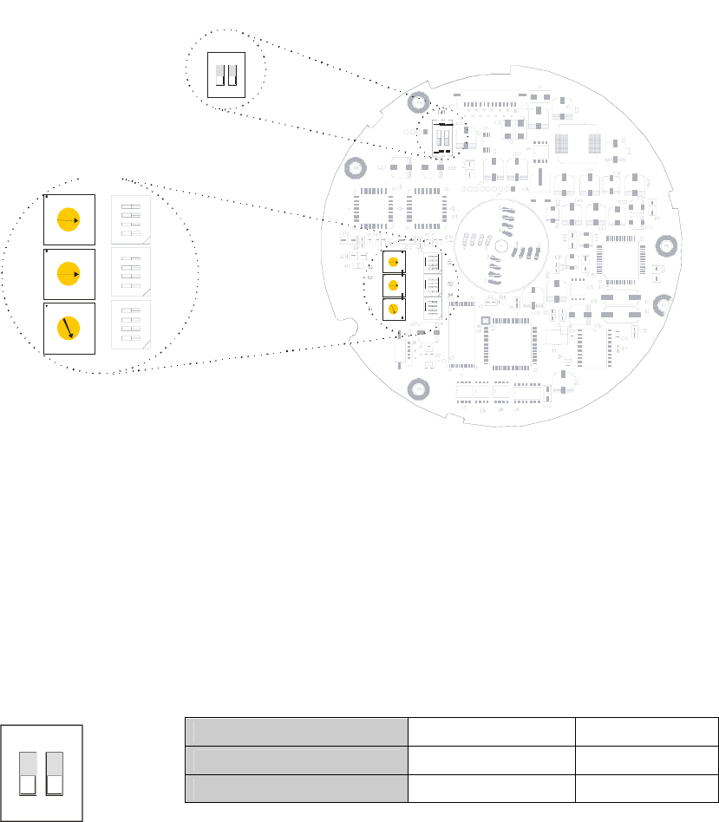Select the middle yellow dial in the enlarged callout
[x=68, y=275]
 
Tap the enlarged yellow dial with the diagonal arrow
[x=68, y=329]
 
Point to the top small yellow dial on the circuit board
[x=394, y=262]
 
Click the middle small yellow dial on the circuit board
[x=394, y=285]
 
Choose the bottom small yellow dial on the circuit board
[x=394, y=309]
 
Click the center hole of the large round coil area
[x=501, y=248]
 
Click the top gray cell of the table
[x=297, y=731]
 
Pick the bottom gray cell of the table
[x=297, y=788]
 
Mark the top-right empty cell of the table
[x=646, y=731]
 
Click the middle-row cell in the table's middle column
[x=491, y=760]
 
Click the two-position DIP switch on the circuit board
[x=442, y=138]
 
